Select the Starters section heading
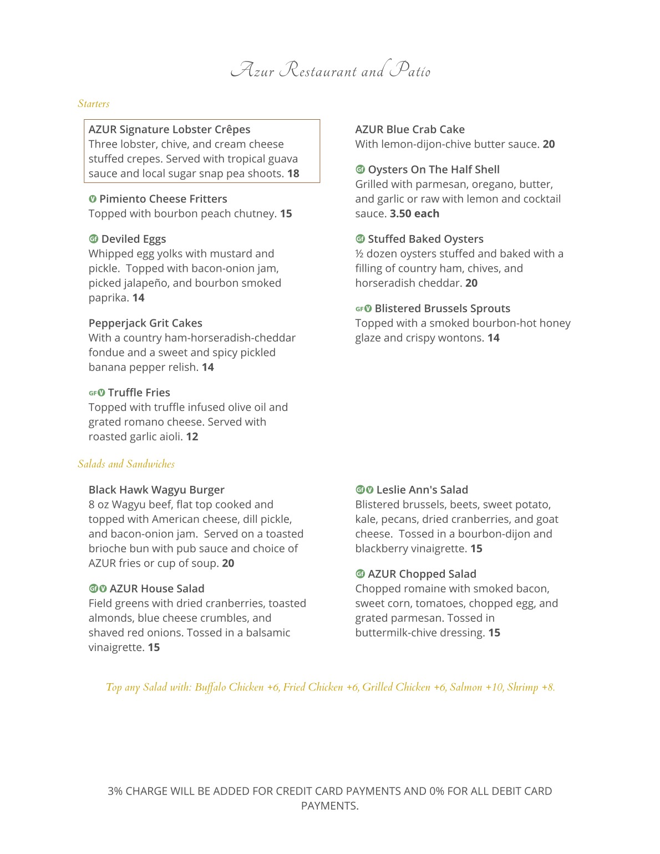[x=94, y=104]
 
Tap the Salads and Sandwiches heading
[x=126, y=464]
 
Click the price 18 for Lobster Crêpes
[x=293, y=174]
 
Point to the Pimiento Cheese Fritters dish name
[x=163, y=199]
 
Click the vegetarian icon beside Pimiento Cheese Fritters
[x=93, y=199]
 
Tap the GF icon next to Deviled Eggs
[x=93, y=239]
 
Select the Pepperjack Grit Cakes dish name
[x=145, y=323]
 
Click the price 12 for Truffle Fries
[x=192, y=437]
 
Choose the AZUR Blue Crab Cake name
[x=410, y=130]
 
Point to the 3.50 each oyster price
[x=414, y=214]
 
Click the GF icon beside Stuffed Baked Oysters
[x=360, y=239]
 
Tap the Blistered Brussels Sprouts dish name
[x=442, y=309]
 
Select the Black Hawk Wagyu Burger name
[x=156, y=490]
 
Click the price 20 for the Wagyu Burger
[x=228, y=563]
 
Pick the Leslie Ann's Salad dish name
[x=422, y=490]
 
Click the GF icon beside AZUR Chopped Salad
[x=360, y=574]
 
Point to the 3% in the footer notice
[x=115, y=791]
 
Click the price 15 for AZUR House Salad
[x=154, y=648]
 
